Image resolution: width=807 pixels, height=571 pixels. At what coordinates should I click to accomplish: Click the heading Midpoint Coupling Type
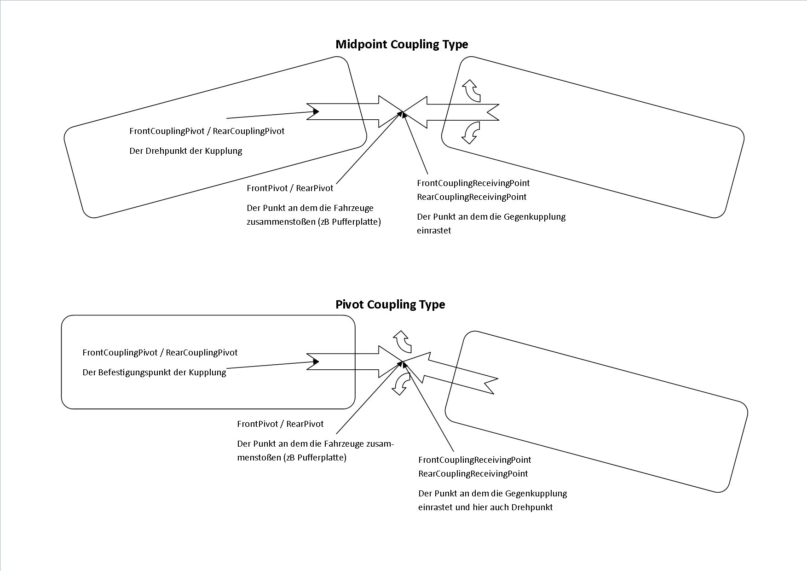click(x=402, y=44)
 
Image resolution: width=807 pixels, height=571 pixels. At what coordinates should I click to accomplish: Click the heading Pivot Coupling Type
click(x=390, y=304)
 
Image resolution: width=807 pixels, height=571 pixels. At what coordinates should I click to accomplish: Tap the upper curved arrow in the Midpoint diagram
click(x=472, y=90)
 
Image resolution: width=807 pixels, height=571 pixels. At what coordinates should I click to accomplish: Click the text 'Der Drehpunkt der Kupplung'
click(x=186, y=151)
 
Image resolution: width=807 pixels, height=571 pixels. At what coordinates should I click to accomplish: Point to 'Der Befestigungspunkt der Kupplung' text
click(x=154, y=373)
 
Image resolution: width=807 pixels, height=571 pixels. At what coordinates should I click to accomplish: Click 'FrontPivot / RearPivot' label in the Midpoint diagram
click(x=290, y=188)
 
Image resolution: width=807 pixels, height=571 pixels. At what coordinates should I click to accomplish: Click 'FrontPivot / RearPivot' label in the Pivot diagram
click(x=280, y=424)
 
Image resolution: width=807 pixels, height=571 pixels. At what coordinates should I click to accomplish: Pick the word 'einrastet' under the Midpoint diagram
click(x=434, y=231)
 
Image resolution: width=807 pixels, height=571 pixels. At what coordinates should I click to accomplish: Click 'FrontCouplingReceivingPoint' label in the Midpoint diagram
click(x=473, y=183)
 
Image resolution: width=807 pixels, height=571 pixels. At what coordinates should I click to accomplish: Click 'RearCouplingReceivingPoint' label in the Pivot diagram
click(x=473, y=473)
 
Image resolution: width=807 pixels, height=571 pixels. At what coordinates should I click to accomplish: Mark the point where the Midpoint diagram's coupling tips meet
click(x=403, y=111)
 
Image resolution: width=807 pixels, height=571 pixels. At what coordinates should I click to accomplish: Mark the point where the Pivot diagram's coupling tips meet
click(x=403, y=361)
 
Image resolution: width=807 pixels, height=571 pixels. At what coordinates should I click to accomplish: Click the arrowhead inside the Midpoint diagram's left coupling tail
click(x=316, y=111)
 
